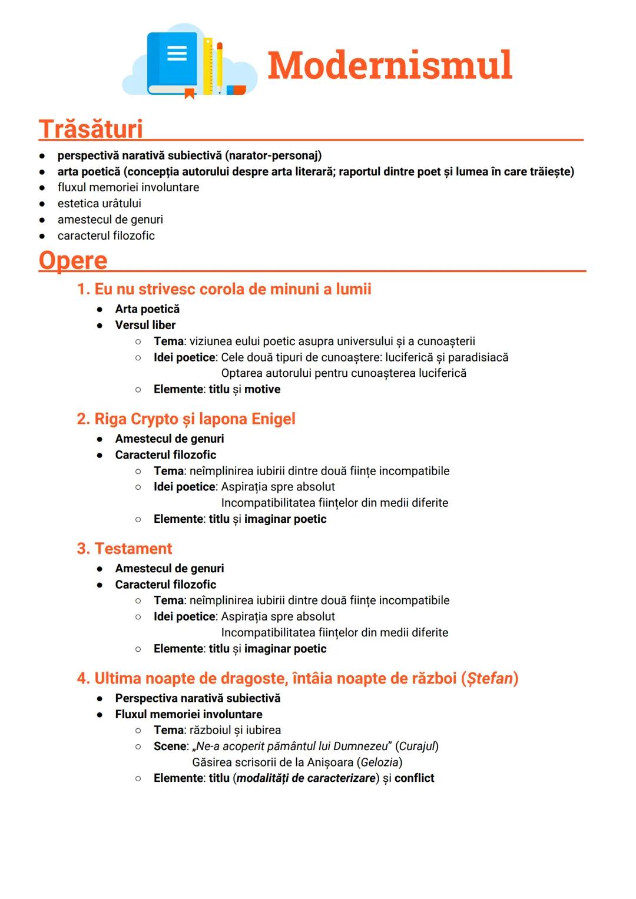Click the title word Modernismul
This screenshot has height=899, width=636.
tap(389, 65)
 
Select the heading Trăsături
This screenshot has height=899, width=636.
tap(91, 129)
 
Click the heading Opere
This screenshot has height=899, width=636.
tap(73, 260)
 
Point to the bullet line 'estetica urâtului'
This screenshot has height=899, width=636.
tap(99, 204)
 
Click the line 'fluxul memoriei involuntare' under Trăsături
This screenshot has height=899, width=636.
tap(128, 187)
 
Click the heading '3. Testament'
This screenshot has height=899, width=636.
tap(124, 548)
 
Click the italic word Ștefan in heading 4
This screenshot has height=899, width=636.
tap(489, 678)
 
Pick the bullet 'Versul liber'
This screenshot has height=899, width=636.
tap(145, 325)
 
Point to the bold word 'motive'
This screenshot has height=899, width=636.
tap(262, 389)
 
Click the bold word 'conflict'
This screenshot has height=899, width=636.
tap(414, 778)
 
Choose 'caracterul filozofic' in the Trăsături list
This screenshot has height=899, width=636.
tap(106, 235)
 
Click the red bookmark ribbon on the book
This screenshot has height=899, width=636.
tap(189, 93)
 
